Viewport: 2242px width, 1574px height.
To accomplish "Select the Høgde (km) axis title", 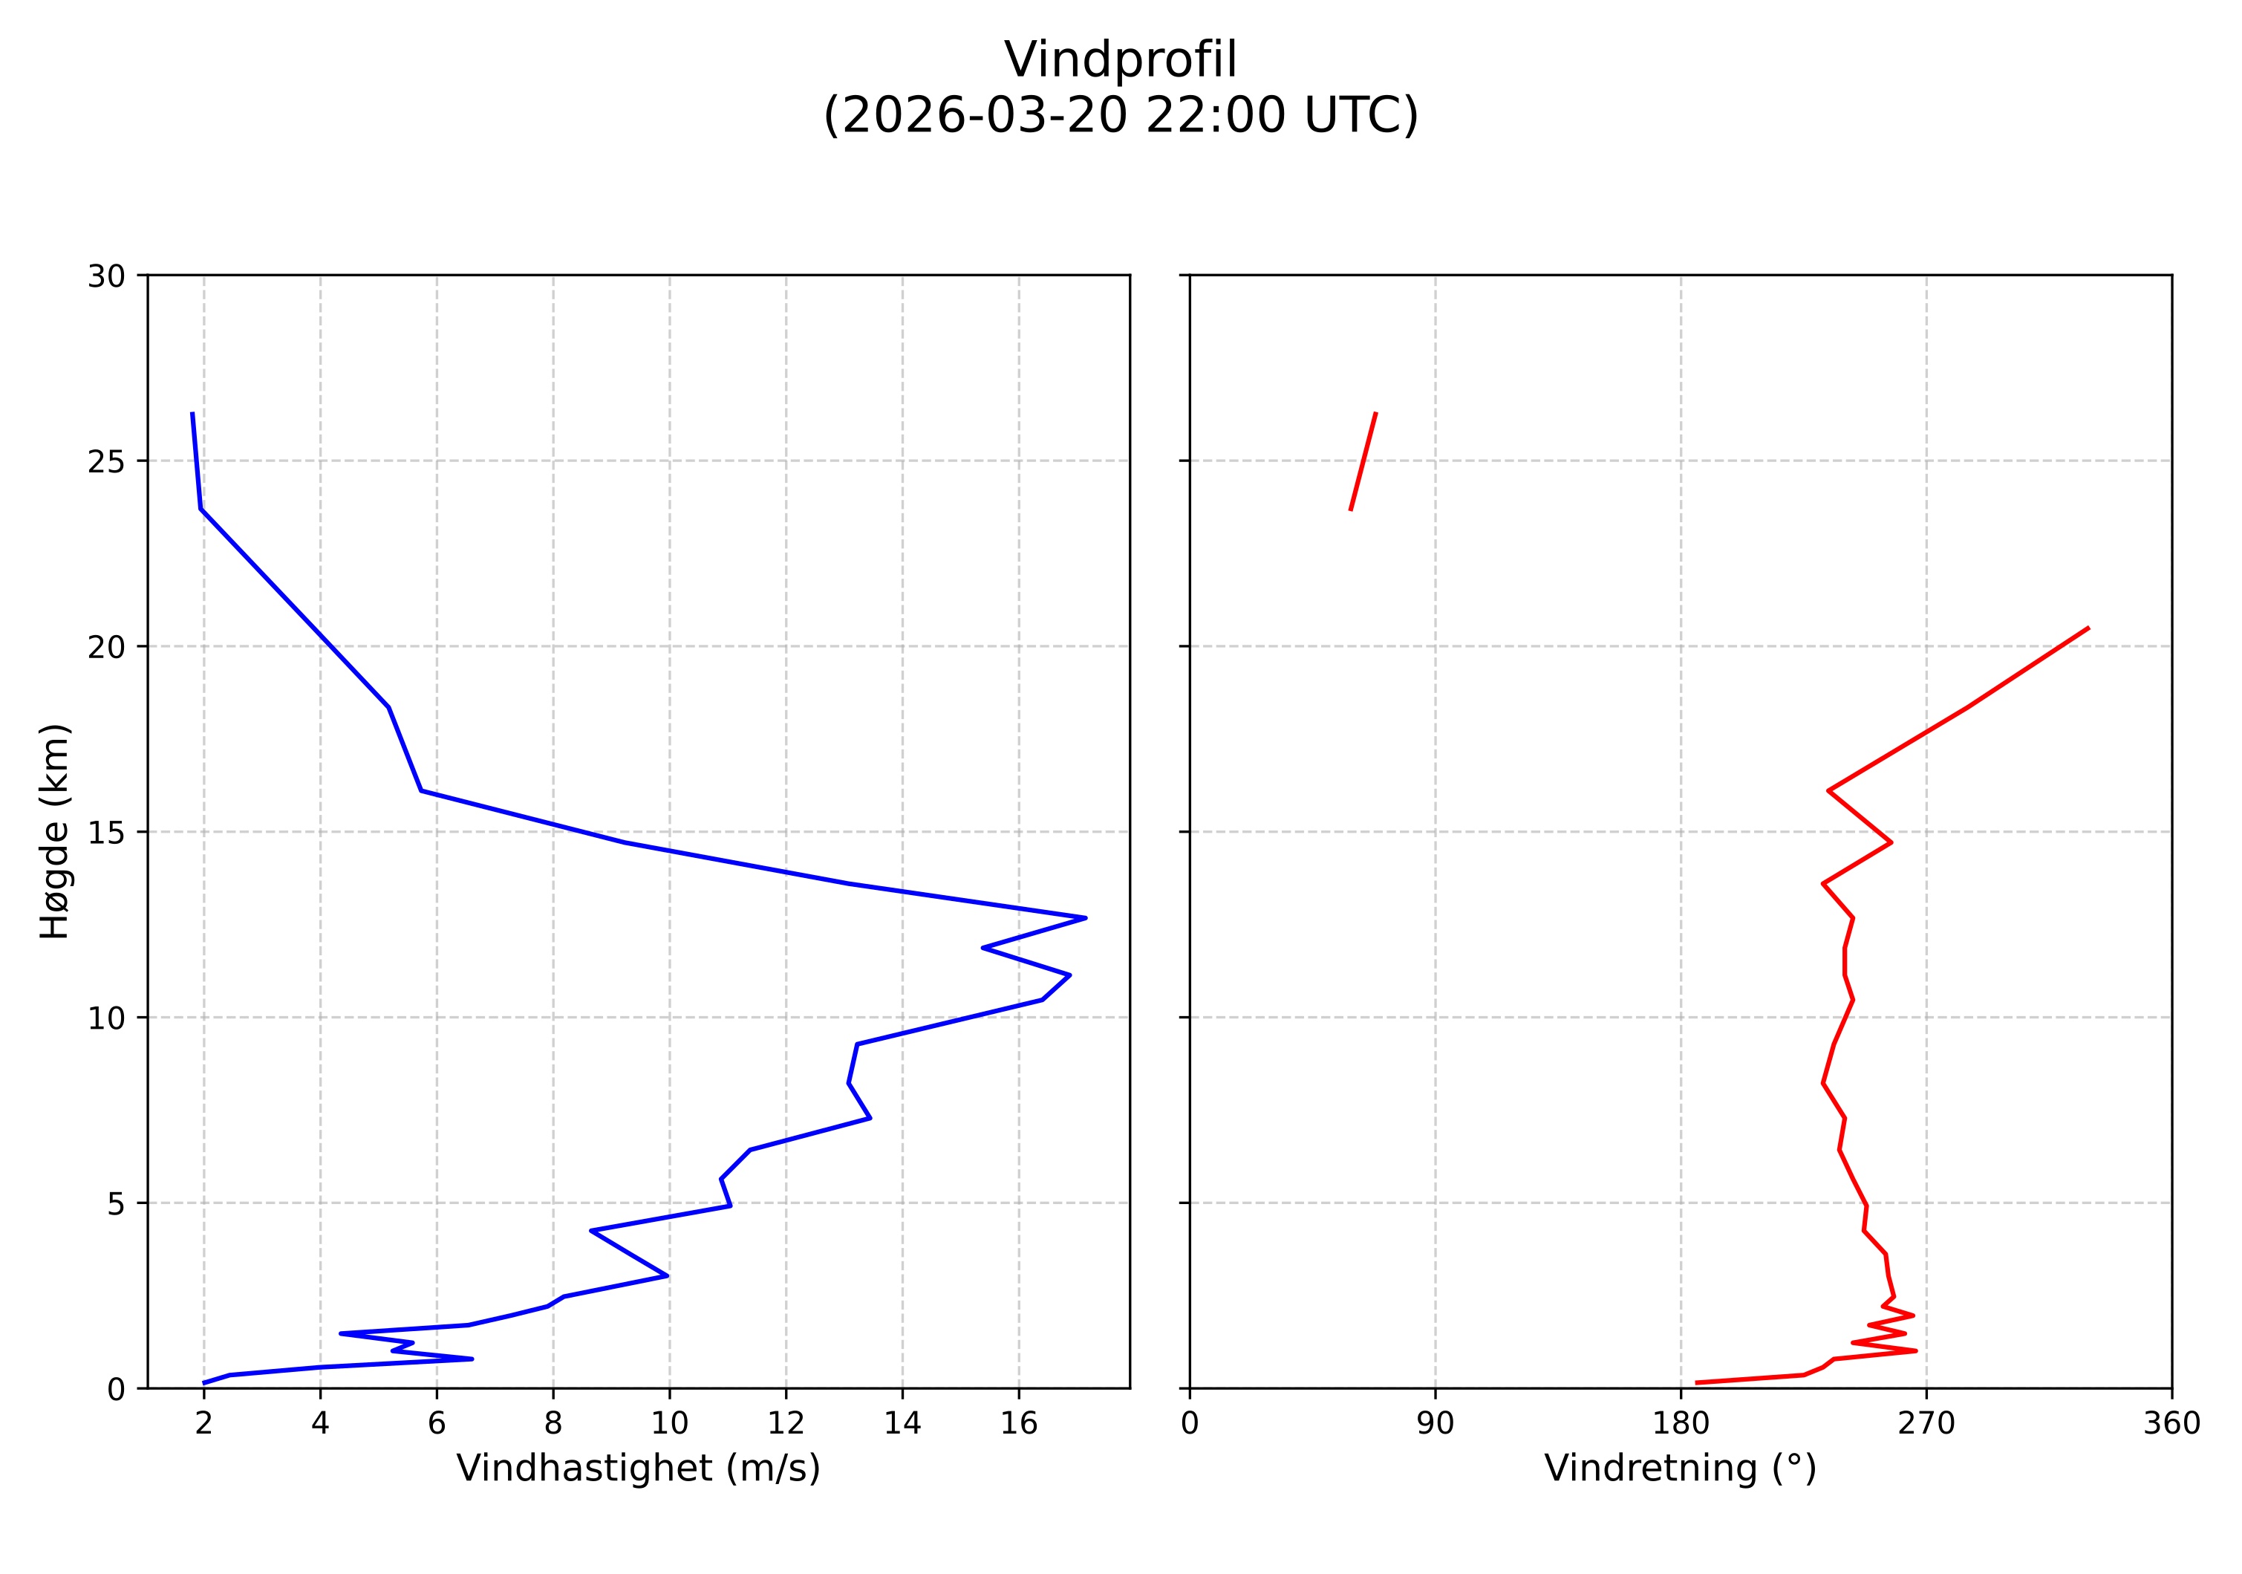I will [x=55, y=831].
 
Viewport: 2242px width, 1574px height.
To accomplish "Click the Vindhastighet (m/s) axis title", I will [x=638, y=1468].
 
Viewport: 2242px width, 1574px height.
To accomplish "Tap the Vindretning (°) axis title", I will [x=1680, y=1468].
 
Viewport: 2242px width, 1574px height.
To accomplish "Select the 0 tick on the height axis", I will [x=116, y=1388].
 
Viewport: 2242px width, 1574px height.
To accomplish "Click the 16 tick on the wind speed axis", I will [x=1018, y=1424].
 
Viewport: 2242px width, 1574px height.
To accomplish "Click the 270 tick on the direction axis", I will [x=1926, y=1424].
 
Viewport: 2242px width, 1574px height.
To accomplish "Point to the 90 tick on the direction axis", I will [x=1435, y=1424].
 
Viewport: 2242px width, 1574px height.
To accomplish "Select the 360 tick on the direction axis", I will [x=2171, y=1424].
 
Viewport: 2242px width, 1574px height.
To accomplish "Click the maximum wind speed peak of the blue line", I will [x=1085, y=918].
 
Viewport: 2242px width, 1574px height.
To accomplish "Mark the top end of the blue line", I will [x=192, y=414].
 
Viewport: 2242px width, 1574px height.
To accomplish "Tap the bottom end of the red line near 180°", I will [x=1697, y=1382].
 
